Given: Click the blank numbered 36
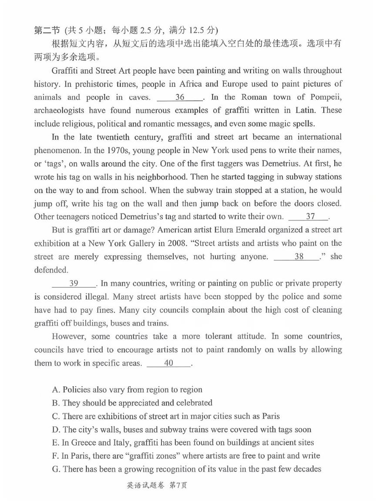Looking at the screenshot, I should coord(180,97).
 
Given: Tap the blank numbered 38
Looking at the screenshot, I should coord(299,257).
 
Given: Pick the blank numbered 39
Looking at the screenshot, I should coord(74,284).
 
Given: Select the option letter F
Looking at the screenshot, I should coord(54,456).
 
